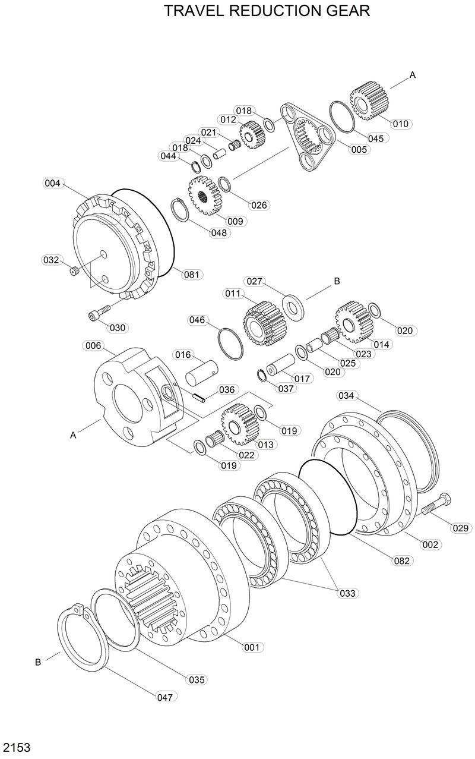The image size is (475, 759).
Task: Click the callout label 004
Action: click(52, 184)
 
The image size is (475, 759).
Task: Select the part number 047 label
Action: click(166, 697)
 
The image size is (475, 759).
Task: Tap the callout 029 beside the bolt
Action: click(461, 528)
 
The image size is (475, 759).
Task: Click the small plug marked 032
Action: click(74, 271)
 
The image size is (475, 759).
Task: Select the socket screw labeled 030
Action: click(98, 314)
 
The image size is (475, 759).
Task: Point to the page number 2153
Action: click(17, 747)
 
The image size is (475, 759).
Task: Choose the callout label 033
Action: click(347, 593)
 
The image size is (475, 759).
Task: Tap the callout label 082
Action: click(403, 560)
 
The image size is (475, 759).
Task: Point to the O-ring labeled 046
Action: click(230, 344)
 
